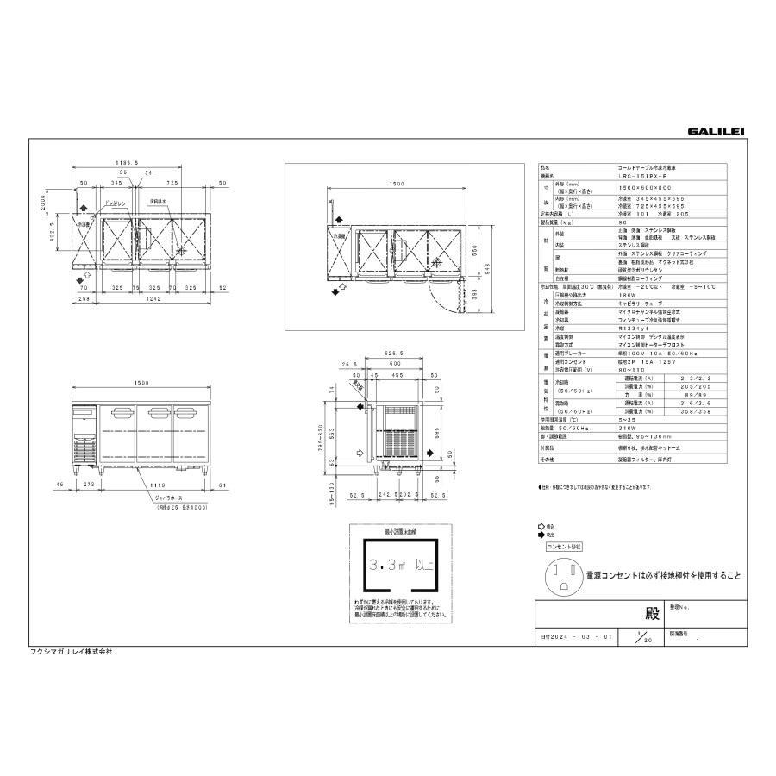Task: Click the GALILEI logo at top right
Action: tap(716, 132)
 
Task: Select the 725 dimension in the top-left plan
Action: tap(172, 184)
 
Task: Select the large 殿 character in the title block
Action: tap(651, 616)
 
